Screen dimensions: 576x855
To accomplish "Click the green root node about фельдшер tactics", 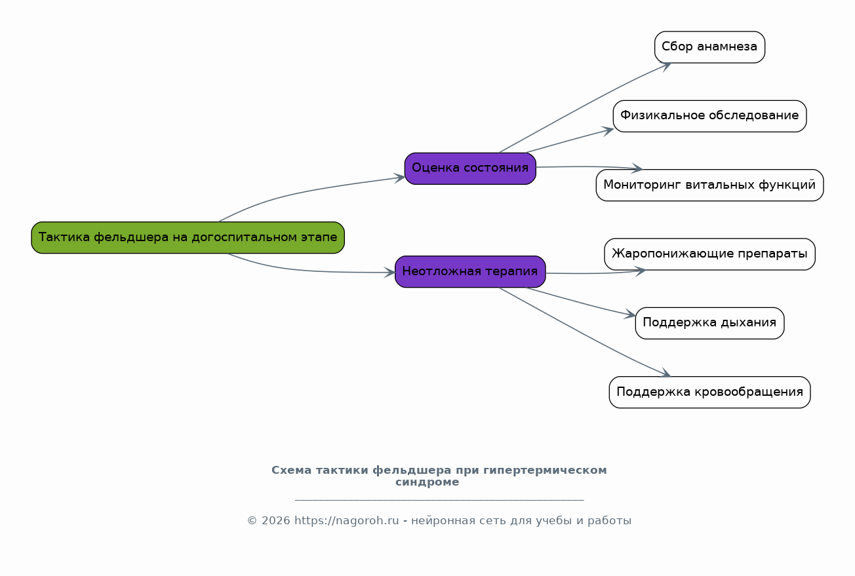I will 188,237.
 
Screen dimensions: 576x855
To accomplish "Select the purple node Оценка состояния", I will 470,168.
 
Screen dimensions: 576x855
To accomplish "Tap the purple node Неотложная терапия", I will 470,271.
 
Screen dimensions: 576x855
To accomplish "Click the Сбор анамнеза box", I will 709,47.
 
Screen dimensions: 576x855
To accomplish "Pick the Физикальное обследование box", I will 709,116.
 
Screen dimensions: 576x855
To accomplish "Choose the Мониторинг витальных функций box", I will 709,185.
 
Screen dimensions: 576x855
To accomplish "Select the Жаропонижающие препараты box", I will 709,254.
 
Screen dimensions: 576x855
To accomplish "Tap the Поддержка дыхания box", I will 709,323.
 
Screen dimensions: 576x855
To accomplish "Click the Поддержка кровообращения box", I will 709,392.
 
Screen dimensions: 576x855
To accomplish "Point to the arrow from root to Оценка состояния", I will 308,191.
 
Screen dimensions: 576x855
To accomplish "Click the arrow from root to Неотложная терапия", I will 308,271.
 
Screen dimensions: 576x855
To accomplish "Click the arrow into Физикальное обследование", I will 570,140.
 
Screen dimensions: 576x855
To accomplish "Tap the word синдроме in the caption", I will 427,482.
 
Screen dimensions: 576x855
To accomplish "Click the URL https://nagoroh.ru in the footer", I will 346,521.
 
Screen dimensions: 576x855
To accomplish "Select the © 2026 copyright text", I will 268,521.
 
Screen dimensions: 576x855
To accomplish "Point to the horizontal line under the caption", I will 439,500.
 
